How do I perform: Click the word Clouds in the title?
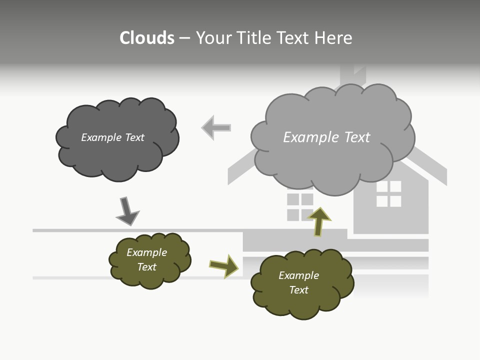[147, 38]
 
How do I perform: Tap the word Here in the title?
[334, 38]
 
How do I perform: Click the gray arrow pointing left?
[216, 128]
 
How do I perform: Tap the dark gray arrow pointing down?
[127, 211]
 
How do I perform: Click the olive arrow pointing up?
[319, 221]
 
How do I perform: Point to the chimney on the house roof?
[352, 75]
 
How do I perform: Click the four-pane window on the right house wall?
[388, 194]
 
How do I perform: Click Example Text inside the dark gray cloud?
[112, 137]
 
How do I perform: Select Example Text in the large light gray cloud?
[326, 137]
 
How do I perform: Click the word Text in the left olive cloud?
[147, 267]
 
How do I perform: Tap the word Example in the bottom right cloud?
[298, 275]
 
